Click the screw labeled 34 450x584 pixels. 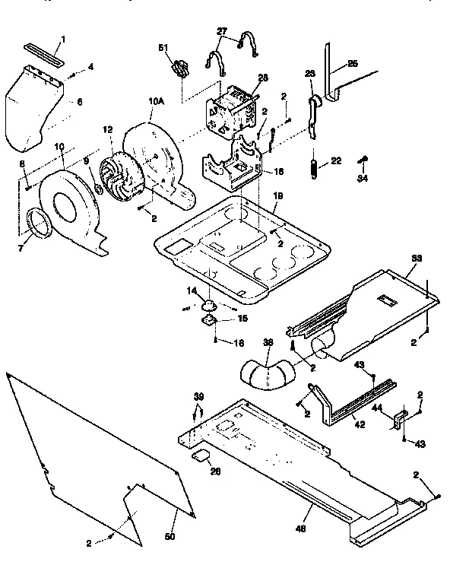point(363,162)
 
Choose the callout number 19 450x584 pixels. point(277,195)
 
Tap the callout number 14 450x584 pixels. point(193,291)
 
